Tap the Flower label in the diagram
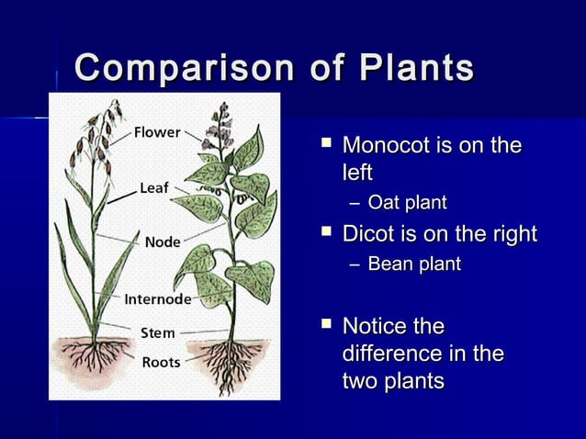(158, 132)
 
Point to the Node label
(162, 242)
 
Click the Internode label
(157, 298)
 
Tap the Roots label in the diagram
(160, 362)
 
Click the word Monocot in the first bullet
(387, 146)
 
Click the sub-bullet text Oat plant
(407, 202)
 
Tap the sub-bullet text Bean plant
(414, 265)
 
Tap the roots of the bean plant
(231, 358)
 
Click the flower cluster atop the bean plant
(220, 129)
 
